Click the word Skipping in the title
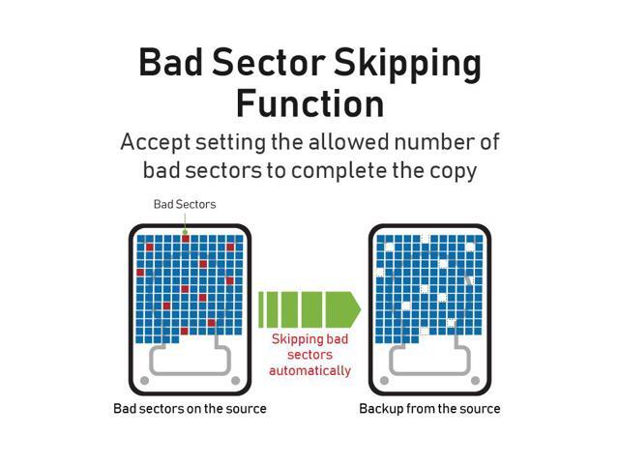pos(407,65)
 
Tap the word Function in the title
pos(310,104)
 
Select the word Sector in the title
pos(269,62)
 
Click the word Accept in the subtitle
pos(155,143)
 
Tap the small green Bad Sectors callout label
pos(185,204)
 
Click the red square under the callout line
pos(185,239)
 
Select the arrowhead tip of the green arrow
pos(360,309)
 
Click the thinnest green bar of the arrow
pos(260,309)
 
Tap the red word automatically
pos(309,370)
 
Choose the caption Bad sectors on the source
pos(190,408)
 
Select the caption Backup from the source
pos(429,408)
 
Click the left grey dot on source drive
pos(144,380)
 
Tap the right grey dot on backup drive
pos(475,380)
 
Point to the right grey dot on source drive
pos(235,380)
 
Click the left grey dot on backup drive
pos(384,380)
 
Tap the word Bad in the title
pos(170,62)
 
